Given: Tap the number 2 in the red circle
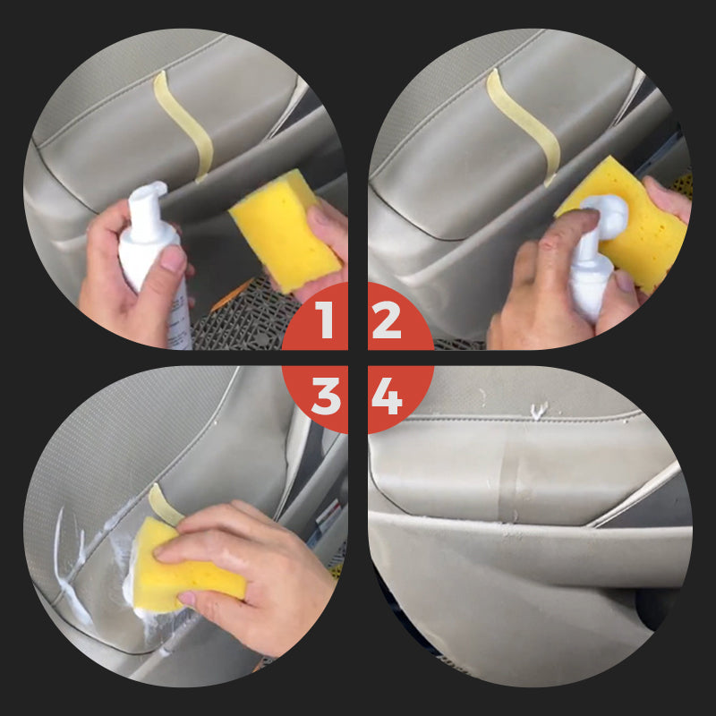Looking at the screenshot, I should pos(387,320).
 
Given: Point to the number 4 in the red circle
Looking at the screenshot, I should pos(387,395).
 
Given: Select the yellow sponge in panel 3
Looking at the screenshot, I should pos(183,564).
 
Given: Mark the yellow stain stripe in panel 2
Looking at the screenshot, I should pos(524,125).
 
